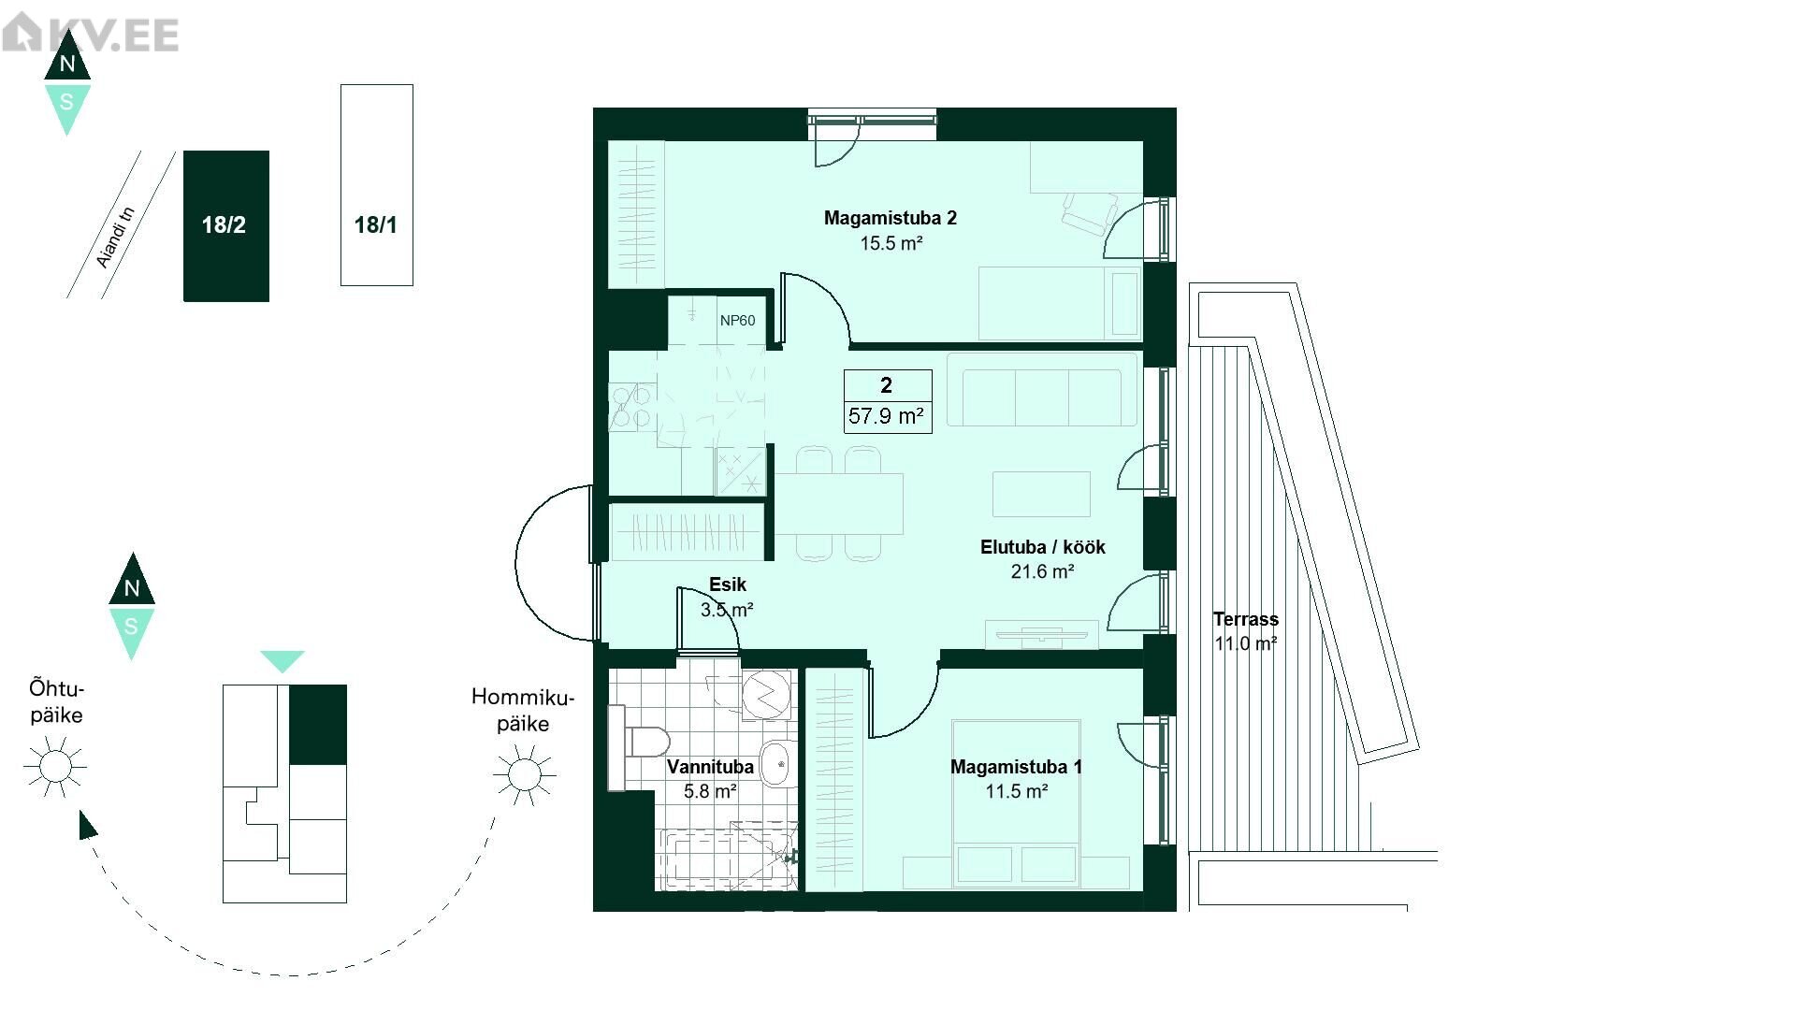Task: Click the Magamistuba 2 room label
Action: tap(890, 219)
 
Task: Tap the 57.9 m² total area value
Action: tap(886, 416)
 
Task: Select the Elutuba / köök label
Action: tap(1043, 547)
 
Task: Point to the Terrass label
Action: tap(1245, 619)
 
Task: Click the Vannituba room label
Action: tap(710, 767)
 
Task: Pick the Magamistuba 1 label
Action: tap(1016, 767)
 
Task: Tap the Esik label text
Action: tap(727, 584)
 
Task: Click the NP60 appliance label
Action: tap(737, 321)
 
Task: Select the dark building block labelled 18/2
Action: tap(226, 226)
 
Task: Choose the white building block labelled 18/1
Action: tap(376, 185)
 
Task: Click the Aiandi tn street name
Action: tap(116, 238)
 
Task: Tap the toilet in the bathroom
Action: tap(640, 743)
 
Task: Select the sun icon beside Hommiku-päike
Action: tap(524, 773)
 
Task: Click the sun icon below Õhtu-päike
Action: tap(55, 767)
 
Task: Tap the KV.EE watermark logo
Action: tap(90, 34)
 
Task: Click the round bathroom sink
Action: tap(778, 765)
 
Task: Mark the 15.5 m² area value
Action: tap(891, 244)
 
